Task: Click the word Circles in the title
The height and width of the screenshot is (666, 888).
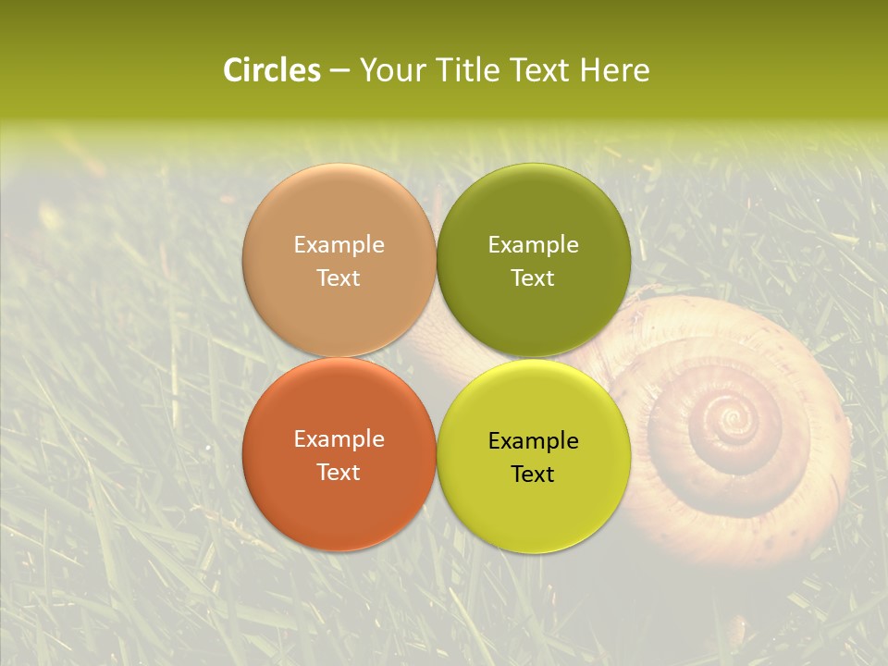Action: coord(271,70)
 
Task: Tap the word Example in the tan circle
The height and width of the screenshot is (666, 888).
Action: coord(339,244)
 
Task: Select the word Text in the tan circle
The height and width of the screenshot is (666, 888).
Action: coord(339,277)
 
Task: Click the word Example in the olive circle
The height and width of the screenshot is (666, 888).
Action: coord(534,244)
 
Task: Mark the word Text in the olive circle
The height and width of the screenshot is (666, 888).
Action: coord(534,277)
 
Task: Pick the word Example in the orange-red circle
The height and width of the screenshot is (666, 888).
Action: coord(339,439)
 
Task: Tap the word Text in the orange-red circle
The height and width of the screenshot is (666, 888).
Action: coord(339,472)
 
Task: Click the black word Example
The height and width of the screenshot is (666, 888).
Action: coord(534,441)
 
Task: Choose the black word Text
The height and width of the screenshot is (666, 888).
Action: coord(534,475)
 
